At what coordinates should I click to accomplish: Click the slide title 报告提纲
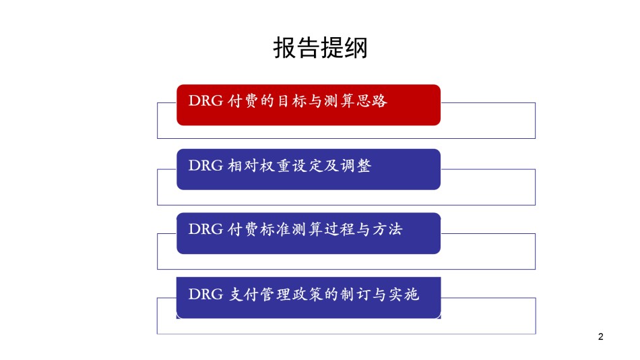[x=321, y=48]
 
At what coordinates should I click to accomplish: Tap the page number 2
[x=600, y=336]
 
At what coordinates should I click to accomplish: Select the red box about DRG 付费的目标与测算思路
[x=309, y=105]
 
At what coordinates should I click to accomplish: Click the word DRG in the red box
[x=205, y=100]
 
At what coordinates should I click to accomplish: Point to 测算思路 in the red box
[x=356, y=100]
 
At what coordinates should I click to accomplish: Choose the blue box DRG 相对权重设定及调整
[x=309, y=169]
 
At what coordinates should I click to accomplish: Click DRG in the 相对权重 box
[x=205, y=165]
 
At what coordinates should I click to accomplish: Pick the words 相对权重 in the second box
[x=259, y=165]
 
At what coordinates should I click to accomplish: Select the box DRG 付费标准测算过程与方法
[x=309, y=233]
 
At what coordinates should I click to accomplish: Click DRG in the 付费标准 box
[x=205, y=229]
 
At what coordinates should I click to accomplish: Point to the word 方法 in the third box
[x=388, y=229]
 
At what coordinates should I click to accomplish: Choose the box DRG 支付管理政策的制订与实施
[x=309, y=297]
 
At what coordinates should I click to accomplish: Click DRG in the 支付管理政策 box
[x=205, y=294]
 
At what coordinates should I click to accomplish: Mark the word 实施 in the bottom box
[x=404, y=294]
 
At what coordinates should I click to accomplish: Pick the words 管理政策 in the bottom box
[x=291, y=294]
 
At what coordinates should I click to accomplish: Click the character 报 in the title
[x=284, y=48]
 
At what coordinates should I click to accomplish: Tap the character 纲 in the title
[x=356, y=48]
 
